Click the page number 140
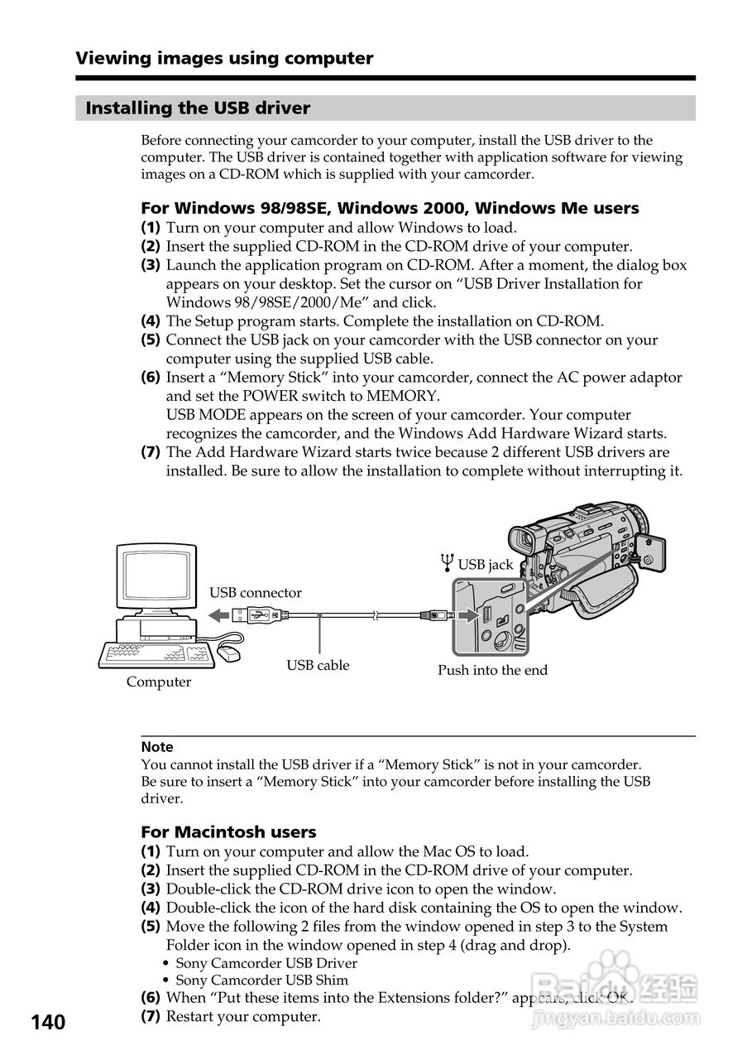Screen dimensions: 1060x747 (x=49, y=1023)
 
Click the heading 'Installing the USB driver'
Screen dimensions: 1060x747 (x=199, y=108)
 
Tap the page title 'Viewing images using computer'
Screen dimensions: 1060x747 (x=224, y=59)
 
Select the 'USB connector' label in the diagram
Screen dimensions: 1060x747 (x=255, y=593)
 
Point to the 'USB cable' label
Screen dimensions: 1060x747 (x=318, y=665)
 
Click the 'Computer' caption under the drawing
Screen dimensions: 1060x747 (x=159, y=682)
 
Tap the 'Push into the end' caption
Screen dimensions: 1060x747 (x=492, y=670)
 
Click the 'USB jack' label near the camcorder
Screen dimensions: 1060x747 (x=485, y=565)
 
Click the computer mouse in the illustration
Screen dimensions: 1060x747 (x=228, y=655)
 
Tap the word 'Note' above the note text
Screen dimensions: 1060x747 (x=157, y=747)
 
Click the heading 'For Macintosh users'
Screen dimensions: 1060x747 (x=228, y=831)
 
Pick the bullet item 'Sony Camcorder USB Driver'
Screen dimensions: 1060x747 (x=266, y=963)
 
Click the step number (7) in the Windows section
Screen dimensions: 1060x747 (x=151, y=452)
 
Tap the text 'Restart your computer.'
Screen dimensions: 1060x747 (x=243, y=1016)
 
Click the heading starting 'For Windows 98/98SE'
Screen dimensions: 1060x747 (x=390, y=209)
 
